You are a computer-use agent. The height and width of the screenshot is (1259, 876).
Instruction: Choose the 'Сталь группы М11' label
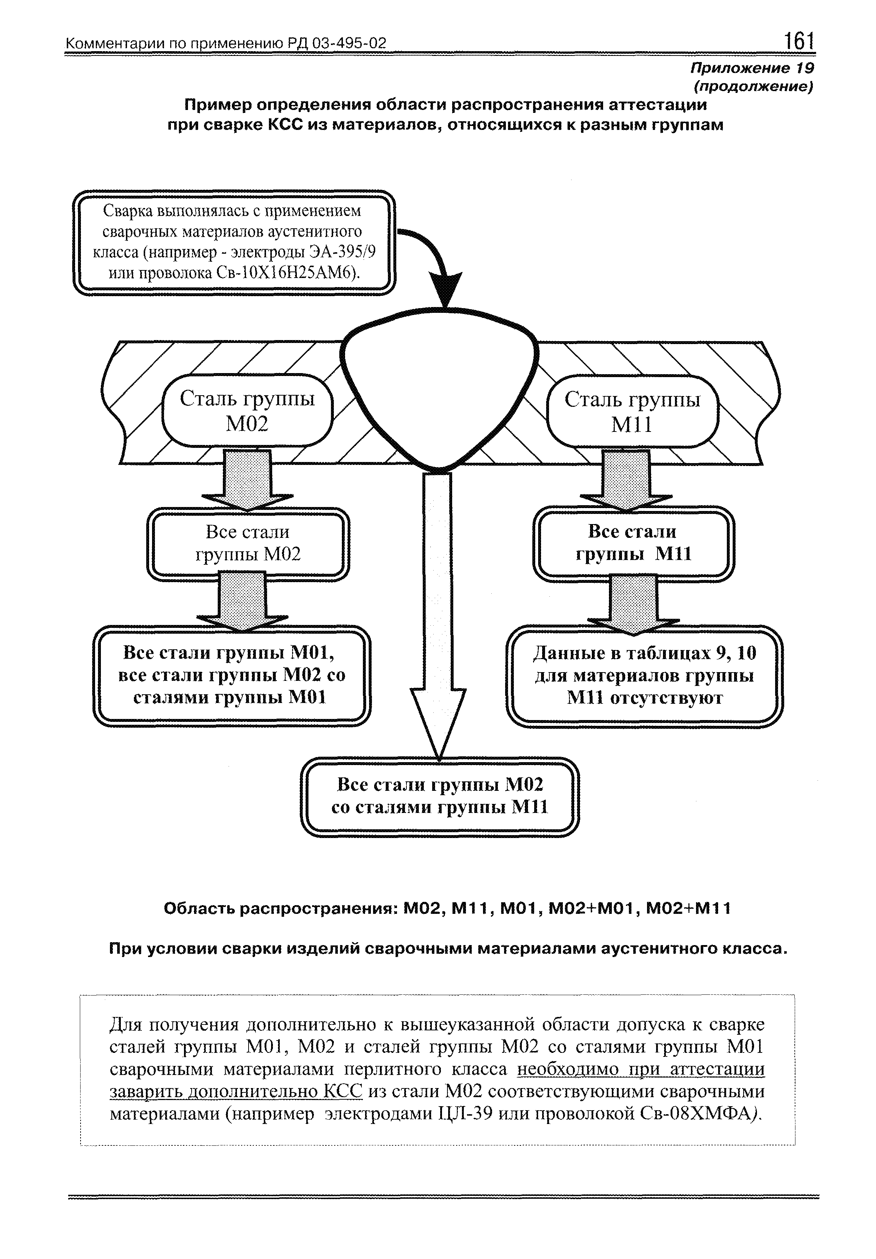(x=632, y=411)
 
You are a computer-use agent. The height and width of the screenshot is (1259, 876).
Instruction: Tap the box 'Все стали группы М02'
(x=248, y=543)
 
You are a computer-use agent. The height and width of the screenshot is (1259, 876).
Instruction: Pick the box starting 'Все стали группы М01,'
(x=232, y=675)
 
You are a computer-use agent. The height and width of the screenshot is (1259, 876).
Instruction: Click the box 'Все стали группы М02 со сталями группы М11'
(x=440, y=796)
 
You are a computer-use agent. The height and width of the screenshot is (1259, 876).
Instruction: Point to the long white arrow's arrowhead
(x=439, y=723)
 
